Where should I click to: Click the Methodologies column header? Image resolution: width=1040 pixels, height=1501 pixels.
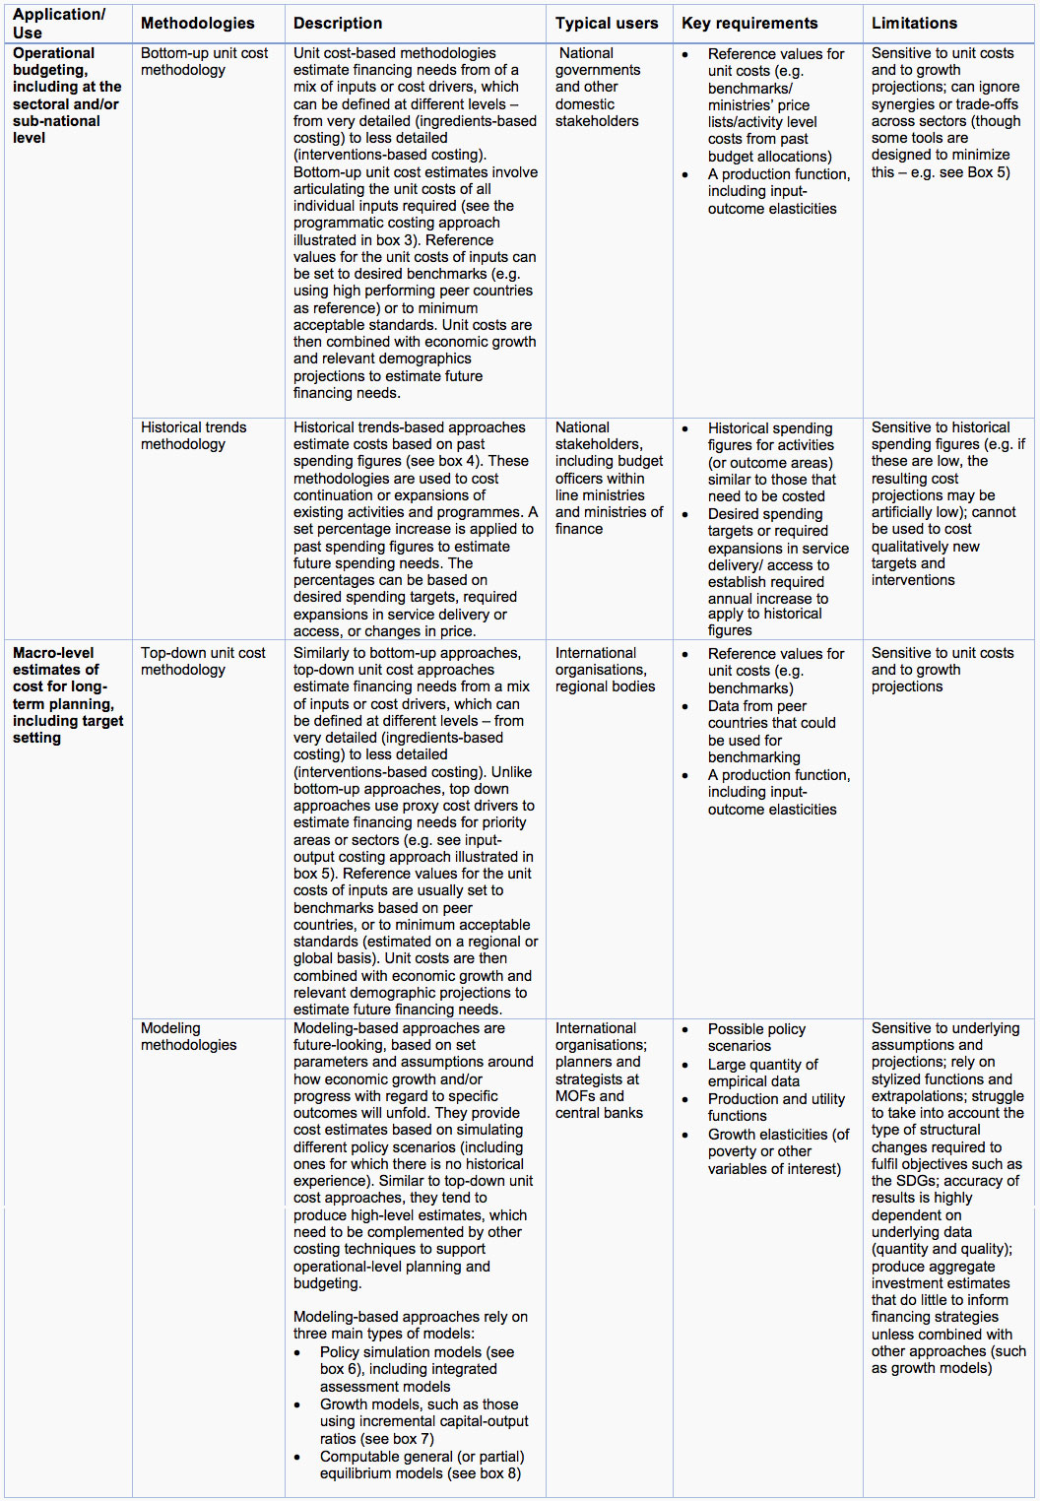[x=197, y=24]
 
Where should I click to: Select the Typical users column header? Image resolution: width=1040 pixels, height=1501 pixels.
[x=606, y=24]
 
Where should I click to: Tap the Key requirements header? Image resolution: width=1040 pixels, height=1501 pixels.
[x=749, y=24]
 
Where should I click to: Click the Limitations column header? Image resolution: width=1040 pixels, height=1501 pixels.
[x=914, y=24]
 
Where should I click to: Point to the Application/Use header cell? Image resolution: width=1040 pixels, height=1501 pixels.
[x=59, y=24]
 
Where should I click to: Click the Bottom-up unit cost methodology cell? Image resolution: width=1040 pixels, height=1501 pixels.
[x=204, y=61]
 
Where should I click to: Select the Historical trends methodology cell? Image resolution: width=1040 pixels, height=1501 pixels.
[x=193, y=435]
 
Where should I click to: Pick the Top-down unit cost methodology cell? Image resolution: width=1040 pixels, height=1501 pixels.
[x=203, y=661]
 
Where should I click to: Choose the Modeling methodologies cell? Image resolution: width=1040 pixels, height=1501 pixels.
[x=188, y=1036]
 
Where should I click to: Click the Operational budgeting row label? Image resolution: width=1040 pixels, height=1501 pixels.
[x=67, y=96]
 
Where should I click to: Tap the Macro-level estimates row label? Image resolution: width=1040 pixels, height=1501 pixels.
[x=68, y=694]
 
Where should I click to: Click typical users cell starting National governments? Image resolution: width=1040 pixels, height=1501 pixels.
[x=597, y=87]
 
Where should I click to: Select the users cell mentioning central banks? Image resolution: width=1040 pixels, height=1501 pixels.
[x=601, y=1071]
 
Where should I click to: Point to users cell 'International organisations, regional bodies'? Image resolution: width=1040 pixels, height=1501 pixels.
[x=605, y=670]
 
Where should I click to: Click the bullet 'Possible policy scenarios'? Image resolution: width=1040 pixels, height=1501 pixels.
[x=756, y=1037]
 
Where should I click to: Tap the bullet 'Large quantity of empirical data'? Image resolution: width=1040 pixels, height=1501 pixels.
[x=762, y=1073]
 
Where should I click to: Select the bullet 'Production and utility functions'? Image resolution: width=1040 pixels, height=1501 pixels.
[x=776, y=1107]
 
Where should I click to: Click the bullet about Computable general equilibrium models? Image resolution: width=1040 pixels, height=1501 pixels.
[x=422, y=1465]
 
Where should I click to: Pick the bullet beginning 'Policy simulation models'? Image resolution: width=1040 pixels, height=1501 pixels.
[x=417, y=1369]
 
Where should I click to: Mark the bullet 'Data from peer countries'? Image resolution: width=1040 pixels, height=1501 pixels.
[x=771, y=731]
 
